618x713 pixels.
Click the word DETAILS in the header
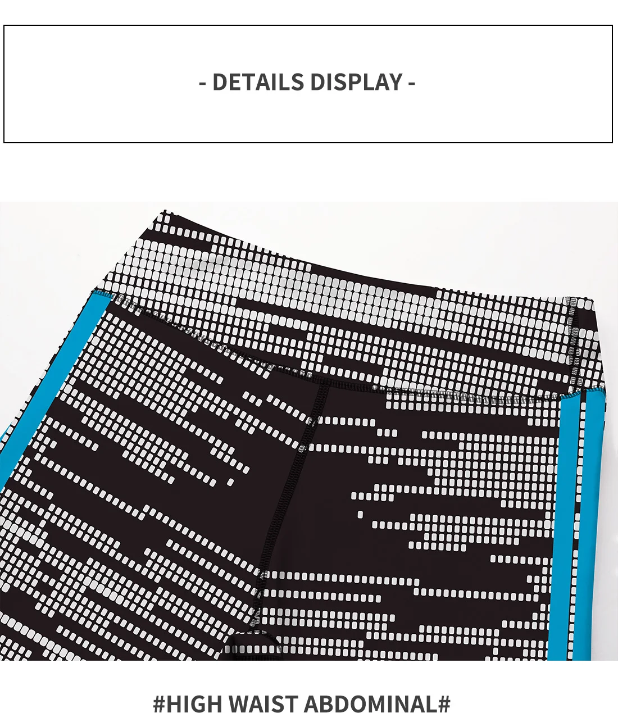[x=258, y=82]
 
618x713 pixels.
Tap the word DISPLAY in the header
[x=356, y=82]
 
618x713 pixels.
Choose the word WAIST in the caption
[x=263, y=703]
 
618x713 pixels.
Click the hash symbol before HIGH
[x=159, y=703]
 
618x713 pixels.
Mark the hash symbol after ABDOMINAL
[x=444, y=703]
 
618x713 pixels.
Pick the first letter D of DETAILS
[x=219, y=82]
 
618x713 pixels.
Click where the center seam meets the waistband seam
[x=325, y=383]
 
